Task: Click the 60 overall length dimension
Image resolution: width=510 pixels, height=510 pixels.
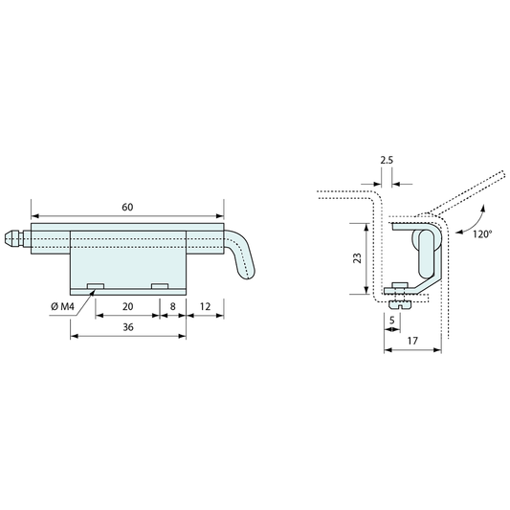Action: (x=127, y=208)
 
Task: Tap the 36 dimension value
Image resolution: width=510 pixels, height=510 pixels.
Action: (x=128, y=327)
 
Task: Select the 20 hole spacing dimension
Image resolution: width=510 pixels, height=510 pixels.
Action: (x=128, y=306)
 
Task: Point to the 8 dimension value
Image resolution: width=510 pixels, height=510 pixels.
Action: (x=172, y=306)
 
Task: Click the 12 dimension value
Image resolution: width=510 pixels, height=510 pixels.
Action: (x=205, y=306)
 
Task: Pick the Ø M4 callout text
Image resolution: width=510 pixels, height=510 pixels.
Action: (x=62, y=306)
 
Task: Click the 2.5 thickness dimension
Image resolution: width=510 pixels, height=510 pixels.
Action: (x=387, y=160)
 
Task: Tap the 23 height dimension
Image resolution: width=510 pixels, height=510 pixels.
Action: (x=358, y=258)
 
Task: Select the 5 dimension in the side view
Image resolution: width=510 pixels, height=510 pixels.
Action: (x=392, y=321)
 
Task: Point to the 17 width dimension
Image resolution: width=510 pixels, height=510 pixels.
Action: (x=412, y=341)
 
